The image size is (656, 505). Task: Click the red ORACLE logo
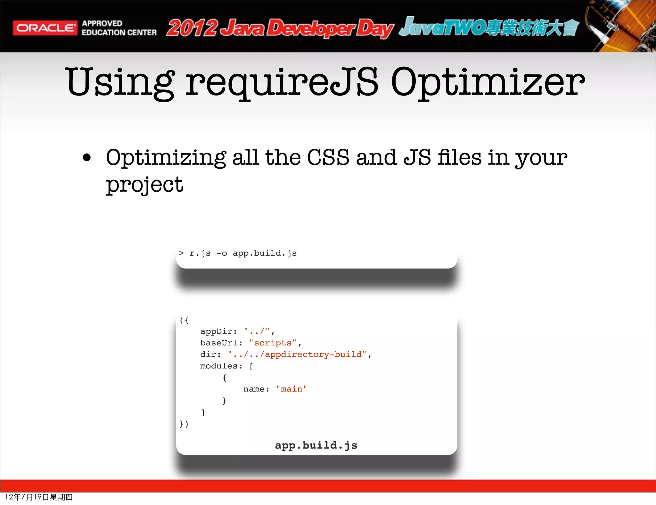(x=45, y=28)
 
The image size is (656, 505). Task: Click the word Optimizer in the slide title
(x=488, y=82)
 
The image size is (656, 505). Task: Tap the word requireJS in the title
(x=282, y=82)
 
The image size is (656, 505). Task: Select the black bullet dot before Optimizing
(x=86, y=158)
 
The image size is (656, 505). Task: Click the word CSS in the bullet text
(x=328, y=158)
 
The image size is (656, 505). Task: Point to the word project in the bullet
(x=144, y=185)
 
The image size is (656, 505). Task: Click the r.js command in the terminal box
(x=200, y=253)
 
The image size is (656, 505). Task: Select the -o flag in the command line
(x=222, y=253)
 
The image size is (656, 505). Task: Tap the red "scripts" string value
(x=273, y=343)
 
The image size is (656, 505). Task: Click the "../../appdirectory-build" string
(x=297, y=354)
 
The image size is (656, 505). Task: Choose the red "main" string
(x=291, y=389)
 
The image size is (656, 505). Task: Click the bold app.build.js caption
(x=316, y=445)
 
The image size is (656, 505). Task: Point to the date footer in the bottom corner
(x=39, y=497)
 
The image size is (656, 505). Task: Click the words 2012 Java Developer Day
(x=279, y=28)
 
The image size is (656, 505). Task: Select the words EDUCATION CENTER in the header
(x=119, y=33)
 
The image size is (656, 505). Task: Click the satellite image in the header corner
(x=621, y=26)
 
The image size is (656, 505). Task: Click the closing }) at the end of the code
(x=184, y=424)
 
